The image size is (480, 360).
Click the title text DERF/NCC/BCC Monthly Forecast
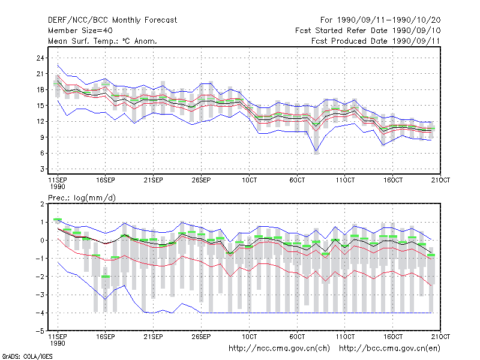112,20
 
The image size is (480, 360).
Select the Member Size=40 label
80,31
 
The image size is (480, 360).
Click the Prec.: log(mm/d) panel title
82,198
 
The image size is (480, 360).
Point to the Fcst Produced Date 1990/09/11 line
376,41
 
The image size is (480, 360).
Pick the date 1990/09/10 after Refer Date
416,31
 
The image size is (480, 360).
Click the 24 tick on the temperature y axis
40,58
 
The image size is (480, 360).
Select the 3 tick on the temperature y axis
42,169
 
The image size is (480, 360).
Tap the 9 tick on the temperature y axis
42,137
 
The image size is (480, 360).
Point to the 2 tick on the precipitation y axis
42,204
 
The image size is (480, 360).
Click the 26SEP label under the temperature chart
201,180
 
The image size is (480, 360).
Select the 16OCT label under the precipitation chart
393,337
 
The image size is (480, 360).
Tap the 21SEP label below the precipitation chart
154,337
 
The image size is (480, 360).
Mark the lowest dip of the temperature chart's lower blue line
316,151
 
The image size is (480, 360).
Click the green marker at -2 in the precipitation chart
106,277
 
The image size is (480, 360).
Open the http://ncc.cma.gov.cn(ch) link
279,349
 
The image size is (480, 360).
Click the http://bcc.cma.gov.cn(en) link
389,349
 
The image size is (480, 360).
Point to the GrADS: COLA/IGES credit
27,356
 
